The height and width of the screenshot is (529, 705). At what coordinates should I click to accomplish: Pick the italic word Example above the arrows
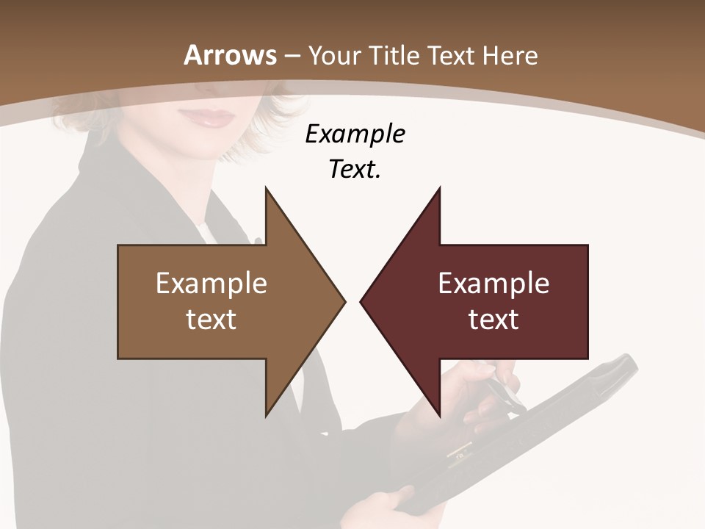tap(355, 134)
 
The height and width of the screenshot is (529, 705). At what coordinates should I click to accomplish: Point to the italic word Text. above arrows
tap(355, 170)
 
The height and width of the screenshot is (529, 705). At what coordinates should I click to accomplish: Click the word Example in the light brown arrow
tap(211, 284)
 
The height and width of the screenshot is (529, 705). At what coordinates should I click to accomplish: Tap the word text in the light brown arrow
tap(211, 320)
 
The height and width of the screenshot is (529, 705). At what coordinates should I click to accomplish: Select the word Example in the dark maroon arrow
tap(493, 284)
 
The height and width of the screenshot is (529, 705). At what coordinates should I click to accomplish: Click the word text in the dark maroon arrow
tap(493, 320)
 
